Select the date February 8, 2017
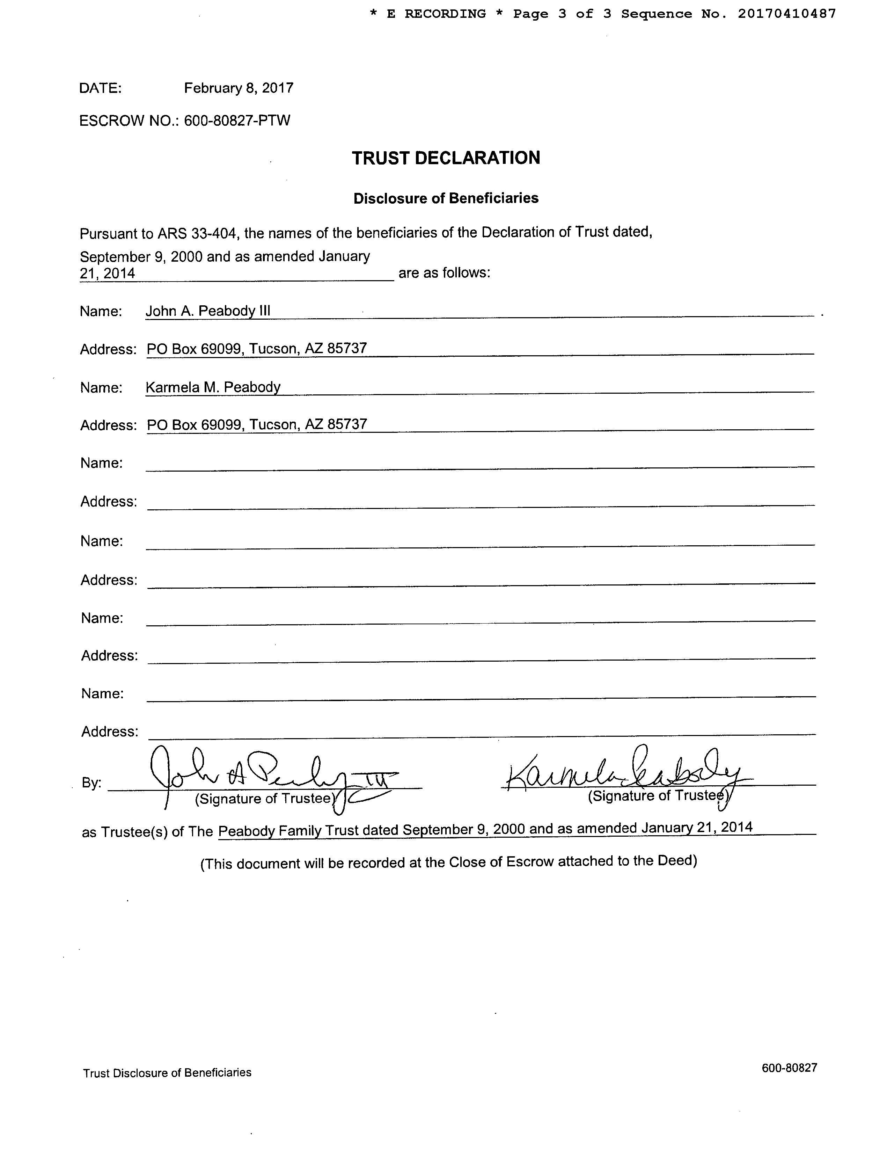[238, 88]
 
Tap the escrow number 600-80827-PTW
[237, 121]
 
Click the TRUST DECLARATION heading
[446, 158]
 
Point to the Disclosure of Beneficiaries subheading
[446, 198]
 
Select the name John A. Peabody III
[208, 311]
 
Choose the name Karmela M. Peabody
[213, 387]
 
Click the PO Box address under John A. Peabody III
[257, 349]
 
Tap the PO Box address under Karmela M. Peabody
[257, 424]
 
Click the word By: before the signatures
[91, 783]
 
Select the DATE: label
[100, 88]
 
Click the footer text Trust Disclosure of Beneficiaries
[167, 1073]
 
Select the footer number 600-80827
[789, 1068]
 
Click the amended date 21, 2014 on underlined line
[108, 274]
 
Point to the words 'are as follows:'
[444, 273]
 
